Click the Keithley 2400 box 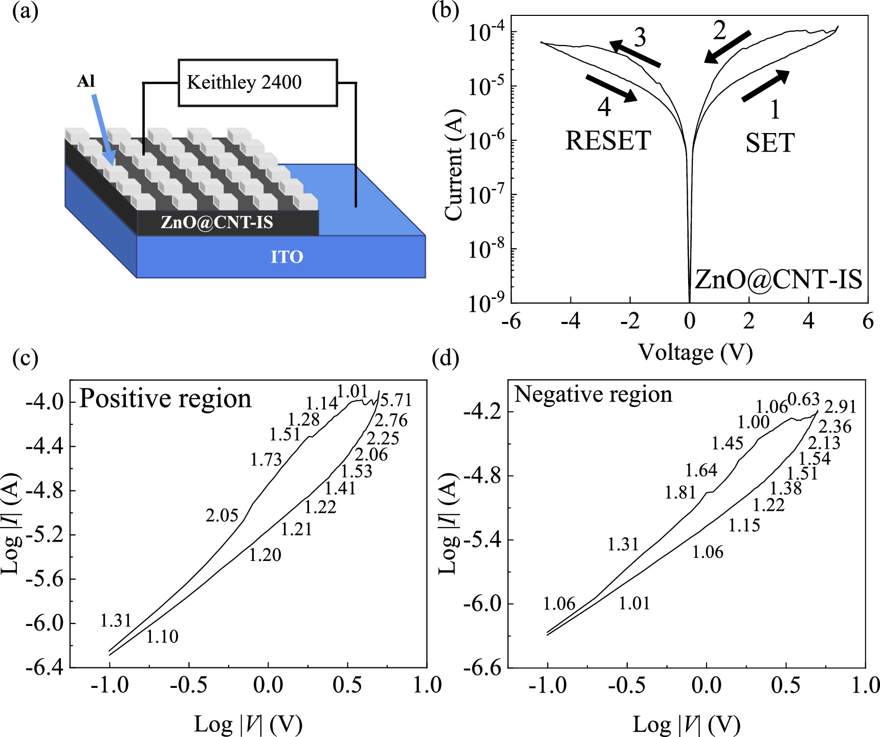[257, 83]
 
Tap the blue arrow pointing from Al [104, 128]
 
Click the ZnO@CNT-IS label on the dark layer [217, 223]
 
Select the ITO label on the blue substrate [287, 256]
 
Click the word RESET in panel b [608, 141]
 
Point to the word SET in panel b [769, 143]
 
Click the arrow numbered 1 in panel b [765, 86]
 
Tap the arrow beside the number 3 [634, 54]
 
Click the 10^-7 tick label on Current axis [487, 195]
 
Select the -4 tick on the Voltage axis [570, 321]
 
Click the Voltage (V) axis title [695, 353]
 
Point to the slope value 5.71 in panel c [395, 400]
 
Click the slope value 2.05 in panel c [222, 515]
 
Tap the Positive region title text [165, 398]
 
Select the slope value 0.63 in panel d [803, 399]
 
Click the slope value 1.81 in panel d [680, 493]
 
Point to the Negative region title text [593, 395]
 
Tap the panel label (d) [445, 358]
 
